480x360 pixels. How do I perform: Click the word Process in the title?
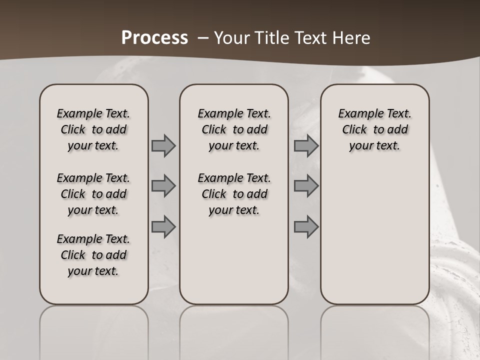pyautogui.click(x=154, y=37)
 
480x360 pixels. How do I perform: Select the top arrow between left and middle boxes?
pyautogui.click(x=163, y=146)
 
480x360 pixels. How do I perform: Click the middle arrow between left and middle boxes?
pyautogui.click(x=163, y=186)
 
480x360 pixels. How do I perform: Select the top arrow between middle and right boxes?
pyautogui.click(x=306, y=146)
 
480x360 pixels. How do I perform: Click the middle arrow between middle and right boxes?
pyautogui.click(x=306, y=186)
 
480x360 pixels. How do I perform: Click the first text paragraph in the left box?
pyautogui.click(x=93, y=129)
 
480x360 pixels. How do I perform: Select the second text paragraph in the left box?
pyautogui.click(x=93, y=194)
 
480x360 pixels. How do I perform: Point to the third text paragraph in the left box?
pyautogui.click(x=93, y=255)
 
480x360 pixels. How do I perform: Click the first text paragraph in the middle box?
pyautogui.click(x=234, y=129)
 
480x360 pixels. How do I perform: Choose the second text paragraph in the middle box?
pyautogui.click(x=234, y=194)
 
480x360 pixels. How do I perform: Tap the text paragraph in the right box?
pyautogui.click(x=374, y=129)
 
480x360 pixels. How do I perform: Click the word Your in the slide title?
pyautogui.click(x=231, y=37)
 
